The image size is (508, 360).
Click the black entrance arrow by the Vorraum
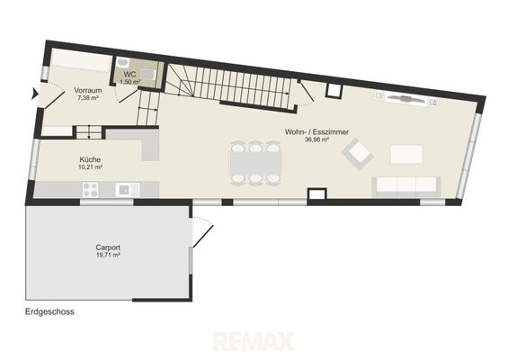(x=34, y=94)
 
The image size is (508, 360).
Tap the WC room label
(x=129, y=75)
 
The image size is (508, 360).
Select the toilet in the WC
(x=148, y=75)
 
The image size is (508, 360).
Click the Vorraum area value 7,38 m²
(x=88, y=97)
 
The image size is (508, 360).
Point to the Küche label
(x=90, y=159)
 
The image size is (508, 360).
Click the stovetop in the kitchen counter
(x=91, y=190)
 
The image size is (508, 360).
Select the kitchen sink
(x=128, y=190)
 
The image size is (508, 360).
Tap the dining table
(x=255, y=163)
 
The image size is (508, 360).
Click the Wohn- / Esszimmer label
(x=316, y=132)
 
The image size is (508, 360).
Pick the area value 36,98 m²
(x=316, y=139)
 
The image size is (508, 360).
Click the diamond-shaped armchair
(x=357, y=154)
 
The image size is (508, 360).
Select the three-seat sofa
(x=406, y=186)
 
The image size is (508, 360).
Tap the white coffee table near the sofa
(x=406, y=154)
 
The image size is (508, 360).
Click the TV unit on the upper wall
(x=406, y=98)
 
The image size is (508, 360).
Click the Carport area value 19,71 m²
(x=108, y=255)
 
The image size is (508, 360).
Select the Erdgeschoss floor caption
(x=49, y=311)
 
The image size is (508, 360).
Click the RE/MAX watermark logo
(x=254, y=341)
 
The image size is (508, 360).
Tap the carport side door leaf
(x=203, y=236)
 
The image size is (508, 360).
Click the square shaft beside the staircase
(x=334, y=91)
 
